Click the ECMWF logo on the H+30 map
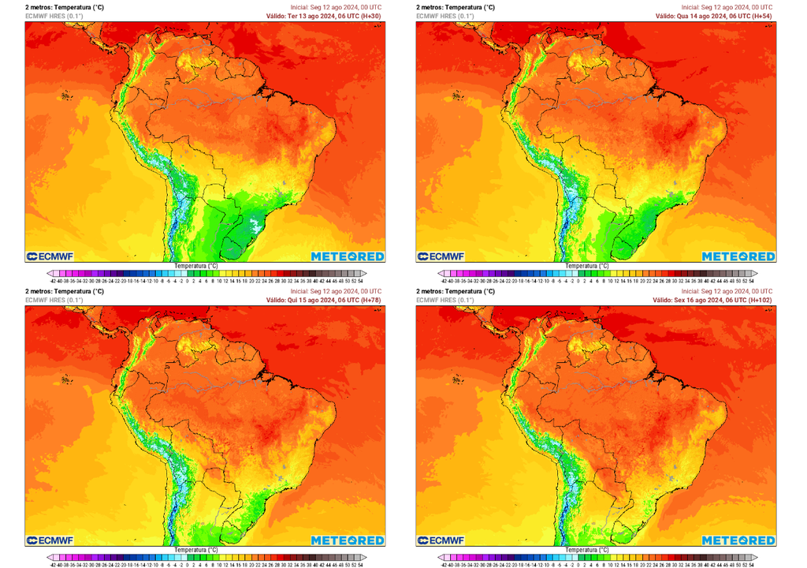(x=49, y=256)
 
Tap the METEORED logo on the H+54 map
(x=738, y=256)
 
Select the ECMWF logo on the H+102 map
(x=440, y=540)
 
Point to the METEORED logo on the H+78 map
(x=348, y=540)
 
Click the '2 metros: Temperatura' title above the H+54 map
(x=456, y=7)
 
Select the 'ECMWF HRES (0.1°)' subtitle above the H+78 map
(x=54, y=300)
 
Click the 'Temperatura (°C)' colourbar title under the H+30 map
(x=196, y=266)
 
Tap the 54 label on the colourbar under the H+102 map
(x=751, y=564)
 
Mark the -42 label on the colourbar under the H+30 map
(x=53, y=280)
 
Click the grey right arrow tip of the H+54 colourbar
(x=753, y=273)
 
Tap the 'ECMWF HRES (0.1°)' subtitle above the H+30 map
(x=54, y=16)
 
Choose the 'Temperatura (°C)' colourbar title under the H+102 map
(x=587, y=550)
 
